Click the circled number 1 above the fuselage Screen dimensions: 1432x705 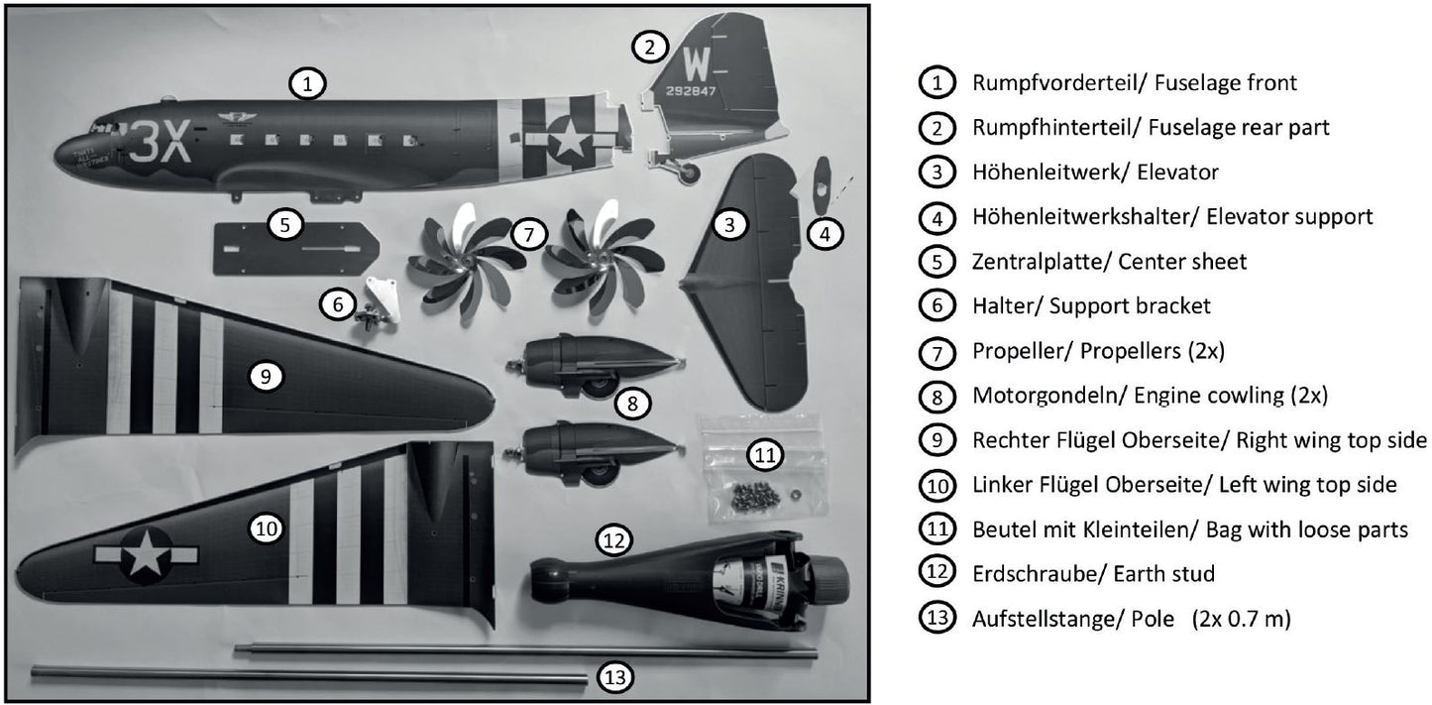tap(307, 84)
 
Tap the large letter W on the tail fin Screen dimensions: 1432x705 tap(697, 64)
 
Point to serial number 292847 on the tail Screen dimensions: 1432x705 tap(691, 91)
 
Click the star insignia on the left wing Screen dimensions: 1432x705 tap(147, 555)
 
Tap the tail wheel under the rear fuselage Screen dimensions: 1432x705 tap(687, 173)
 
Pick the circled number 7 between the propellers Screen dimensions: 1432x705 tap(528, 234)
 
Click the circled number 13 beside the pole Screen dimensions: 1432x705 tap(615, 677)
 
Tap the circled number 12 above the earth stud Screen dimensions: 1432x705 tap(613, 540)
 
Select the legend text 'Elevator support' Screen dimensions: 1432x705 tap(1289, 217)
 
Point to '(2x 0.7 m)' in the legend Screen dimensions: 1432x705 tap(1241, 619)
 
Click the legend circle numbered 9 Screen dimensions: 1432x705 tap(936, 440)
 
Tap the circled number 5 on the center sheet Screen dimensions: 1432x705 tap(285, 224)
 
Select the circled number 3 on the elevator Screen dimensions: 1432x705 tap(729, 224)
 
